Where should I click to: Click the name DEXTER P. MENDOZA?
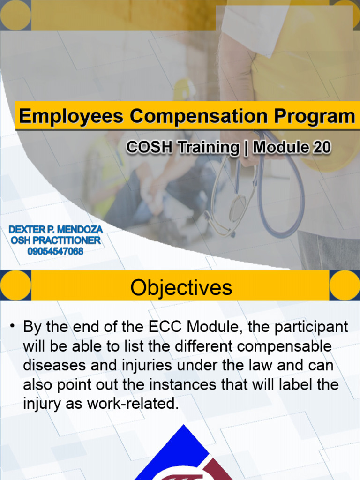(55, 230)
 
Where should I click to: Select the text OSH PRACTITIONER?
(55, 240)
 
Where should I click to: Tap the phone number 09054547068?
(55, 251)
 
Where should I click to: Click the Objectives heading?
(181, 287)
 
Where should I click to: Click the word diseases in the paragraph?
(53, 366)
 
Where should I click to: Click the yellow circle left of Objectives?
(15, 285)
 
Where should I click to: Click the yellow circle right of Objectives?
(345, 285)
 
